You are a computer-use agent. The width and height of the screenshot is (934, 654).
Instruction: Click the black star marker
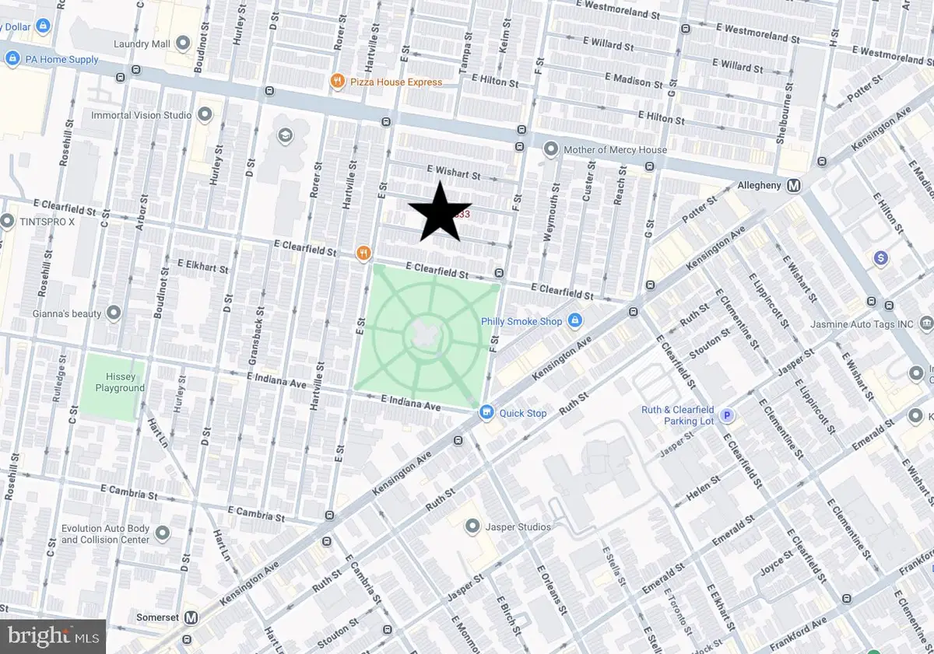click(440, 212)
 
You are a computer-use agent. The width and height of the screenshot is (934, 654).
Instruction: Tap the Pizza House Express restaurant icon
click(337, 81)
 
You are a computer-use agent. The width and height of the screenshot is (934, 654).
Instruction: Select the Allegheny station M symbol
click(794, 186)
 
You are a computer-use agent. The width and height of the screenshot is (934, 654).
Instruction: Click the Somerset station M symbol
click(190, 617)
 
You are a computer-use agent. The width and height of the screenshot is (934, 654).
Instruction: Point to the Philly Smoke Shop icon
click(574, 320)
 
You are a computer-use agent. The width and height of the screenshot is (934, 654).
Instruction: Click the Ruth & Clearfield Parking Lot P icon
click(728, 415)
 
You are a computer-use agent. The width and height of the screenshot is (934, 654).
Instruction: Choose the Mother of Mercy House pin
click(551, 149)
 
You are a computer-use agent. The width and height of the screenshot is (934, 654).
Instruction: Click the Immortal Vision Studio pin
click(205, 115)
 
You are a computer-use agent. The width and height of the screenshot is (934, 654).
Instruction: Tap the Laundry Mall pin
click(184, 44)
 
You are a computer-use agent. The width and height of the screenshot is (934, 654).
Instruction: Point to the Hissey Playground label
click(120, 382)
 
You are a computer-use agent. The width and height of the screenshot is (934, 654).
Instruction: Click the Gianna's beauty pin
click(114, 313)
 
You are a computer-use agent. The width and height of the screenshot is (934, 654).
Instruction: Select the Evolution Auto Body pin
click(163, 533)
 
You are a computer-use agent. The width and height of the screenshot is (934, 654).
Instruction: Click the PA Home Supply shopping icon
click(12, 58)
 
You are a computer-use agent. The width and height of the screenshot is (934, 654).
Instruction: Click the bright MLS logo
click(53, 637)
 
